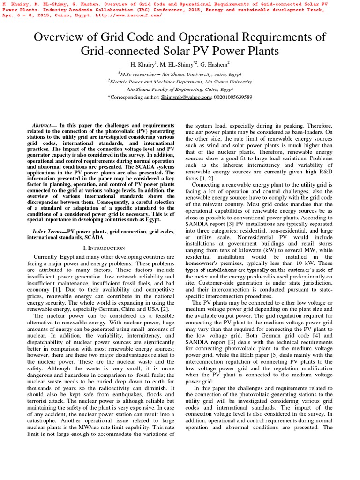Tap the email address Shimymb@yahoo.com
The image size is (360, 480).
[x=186, y=97]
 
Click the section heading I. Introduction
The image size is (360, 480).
[x=100, y=247]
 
